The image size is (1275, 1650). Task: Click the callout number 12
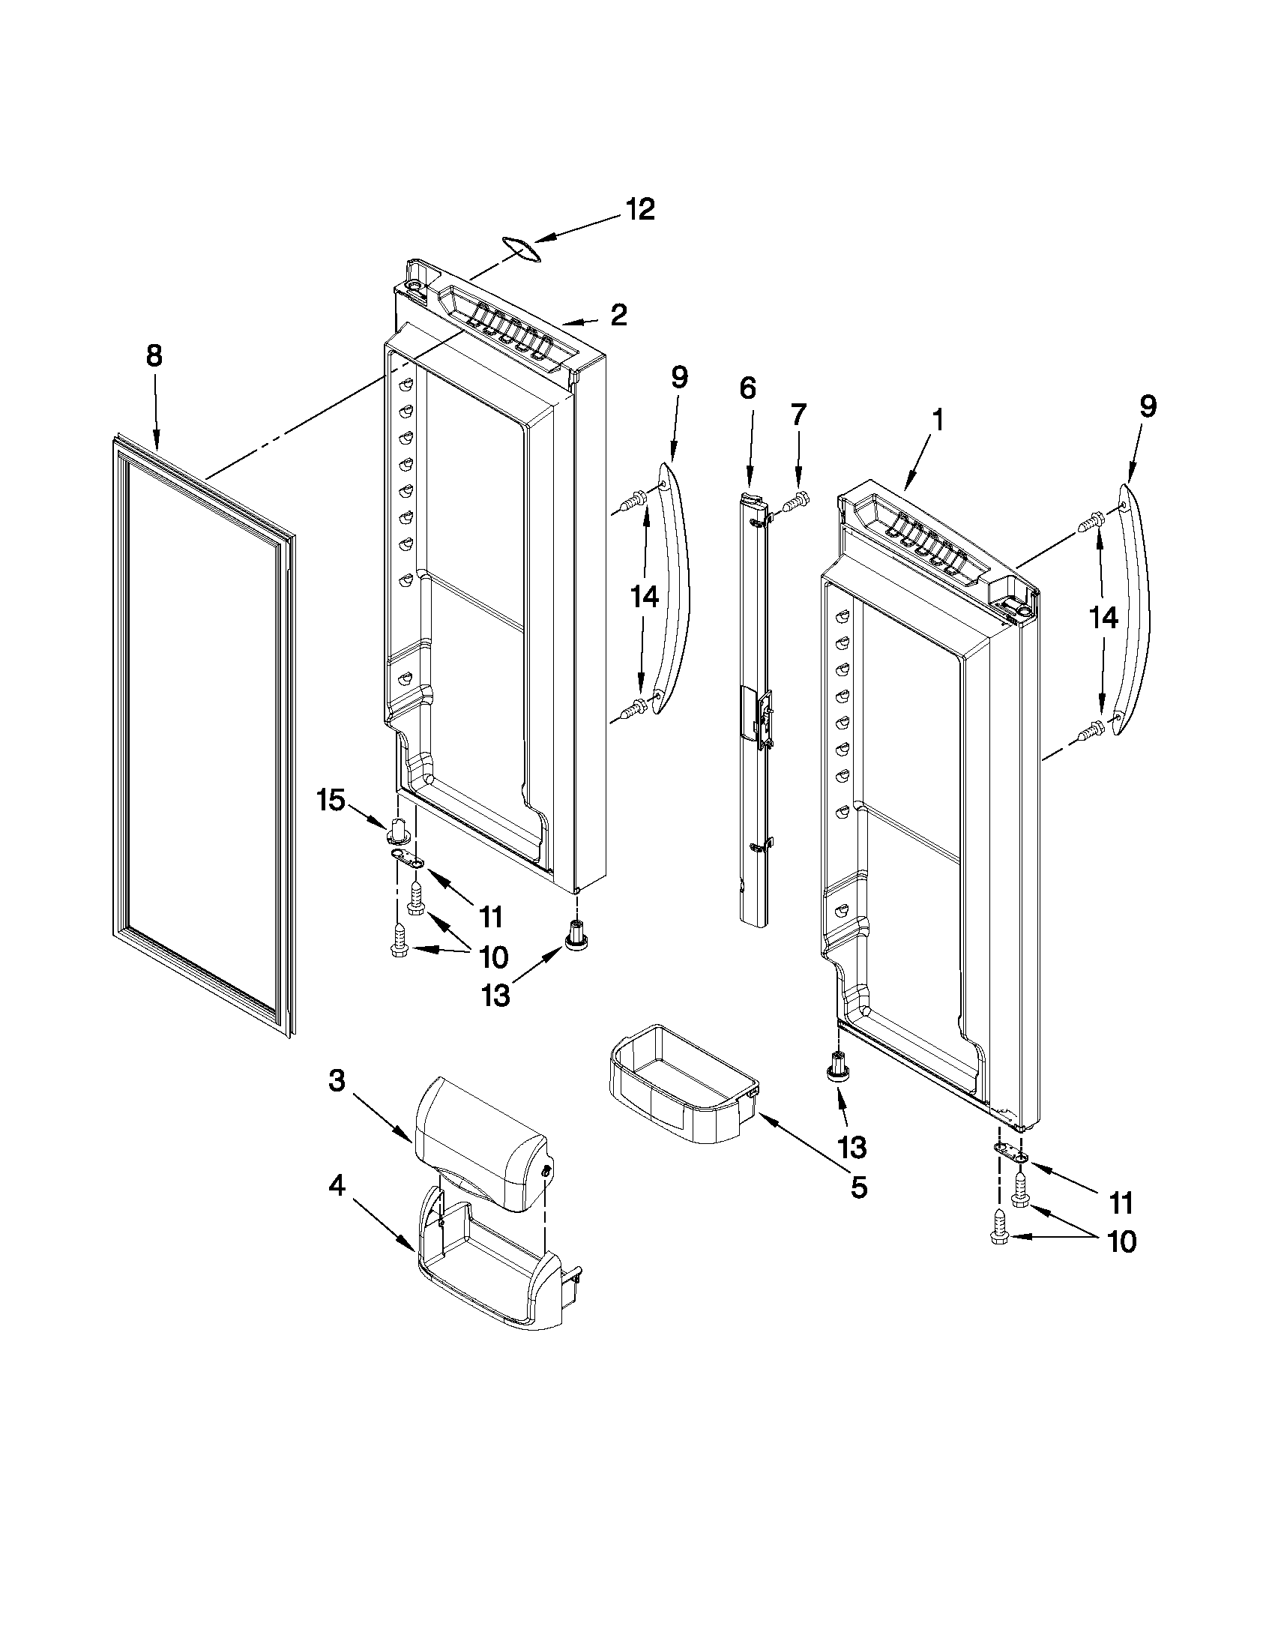tap(640, 209)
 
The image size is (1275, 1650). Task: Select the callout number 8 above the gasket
tap(154, 355)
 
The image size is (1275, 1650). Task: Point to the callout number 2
tap(618, 315)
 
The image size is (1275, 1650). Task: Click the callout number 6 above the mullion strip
tap(747, 388)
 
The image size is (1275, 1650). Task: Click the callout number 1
tap(938, 420)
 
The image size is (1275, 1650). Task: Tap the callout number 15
tap(331, 799)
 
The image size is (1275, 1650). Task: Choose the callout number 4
tap(337, 1187)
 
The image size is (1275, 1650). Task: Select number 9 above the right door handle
tap(1148, 407)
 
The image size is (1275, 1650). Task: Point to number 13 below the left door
tap(496, 996)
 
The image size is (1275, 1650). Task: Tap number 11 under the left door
tap(491, 917)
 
